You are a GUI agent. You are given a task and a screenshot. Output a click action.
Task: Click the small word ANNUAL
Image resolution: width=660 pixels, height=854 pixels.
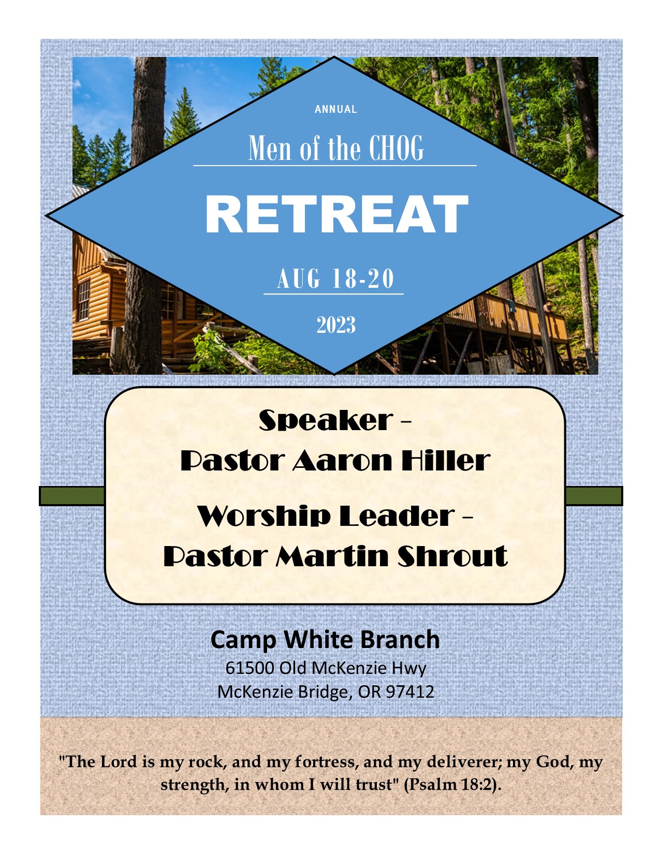point(336,109)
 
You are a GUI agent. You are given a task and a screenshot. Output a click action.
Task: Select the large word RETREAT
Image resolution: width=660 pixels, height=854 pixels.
point(336,214)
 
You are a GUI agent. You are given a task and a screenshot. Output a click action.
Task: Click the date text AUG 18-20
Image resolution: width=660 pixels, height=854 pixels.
point(335,278)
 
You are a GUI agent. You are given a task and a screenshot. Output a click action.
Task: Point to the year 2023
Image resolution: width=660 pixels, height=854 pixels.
point(336,325)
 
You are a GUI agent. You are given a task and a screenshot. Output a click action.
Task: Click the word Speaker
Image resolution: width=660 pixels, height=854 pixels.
point(326,420)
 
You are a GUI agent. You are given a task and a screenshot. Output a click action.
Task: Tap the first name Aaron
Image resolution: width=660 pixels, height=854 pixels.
point(342,461)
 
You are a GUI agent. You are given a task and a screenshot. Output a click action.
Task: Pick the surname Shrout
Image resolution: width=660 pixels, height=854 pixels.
point(452,556)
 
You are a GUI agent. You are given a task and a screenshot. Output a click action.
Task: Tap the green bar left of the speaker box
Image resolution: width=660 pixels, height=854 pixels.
point(72,496)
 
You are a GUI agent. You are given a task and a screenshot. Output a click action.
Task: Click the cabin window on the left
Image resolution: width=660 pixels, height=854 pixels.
point(83,301)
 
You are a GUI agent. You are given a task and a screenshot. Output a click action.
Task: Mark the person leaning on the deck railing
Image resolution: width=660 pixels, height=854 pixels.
point(547,306)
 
